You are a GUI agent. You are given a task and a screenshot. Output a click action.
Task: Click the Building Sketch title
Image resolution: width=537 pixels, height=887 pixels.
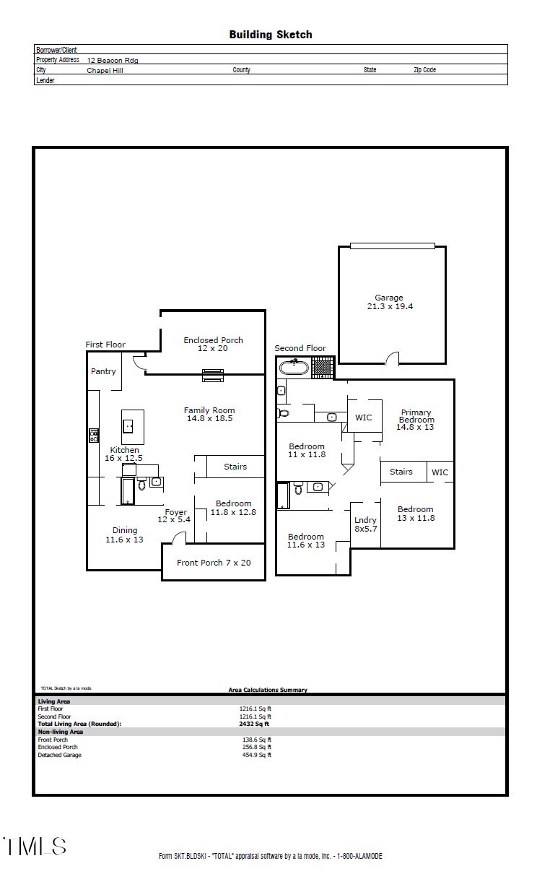(x=270, y=35)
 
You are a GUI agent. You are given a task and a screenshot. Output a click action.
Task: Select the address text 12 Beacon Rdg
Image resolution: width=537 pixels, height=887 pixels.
(x=113, y=61)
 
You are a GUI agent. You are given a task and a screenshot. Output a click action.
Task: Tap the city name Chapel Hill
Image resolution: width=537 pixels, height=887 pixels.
(x=105, y=71)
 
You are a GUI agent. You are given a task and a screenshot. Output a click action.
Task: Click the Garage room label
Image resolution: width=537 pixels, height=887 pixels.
(x=389, y=302)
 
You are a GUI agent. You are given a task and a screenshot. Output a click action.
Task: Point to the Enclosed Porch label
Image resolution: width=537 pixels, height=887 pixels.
(x=213, y=344)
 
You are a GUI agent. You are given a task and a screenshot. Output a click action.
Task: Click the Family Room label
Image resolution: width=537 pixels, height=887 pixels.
(x=209, y=414)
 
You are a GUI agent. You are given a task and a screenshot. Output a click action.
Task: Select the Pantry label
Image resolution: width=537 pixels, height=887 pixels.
(x=103, y=371)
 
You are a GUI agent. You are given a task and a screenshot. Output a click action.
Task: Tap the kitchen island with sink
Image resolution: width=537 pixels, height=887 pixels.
(x=132, y=426)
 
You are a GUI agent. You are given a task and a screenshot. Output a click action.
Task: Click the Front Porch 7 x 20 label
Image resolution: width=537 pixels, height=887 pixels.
(x=214, y=563)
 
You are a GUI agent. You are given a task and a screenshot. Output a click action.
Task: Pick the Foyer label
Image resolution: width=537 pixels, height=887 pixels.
(x=175, y=516)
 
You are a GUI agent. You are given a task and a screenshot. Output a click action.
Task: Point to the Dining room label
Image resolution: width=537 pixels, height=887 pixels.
(x=124, y=535)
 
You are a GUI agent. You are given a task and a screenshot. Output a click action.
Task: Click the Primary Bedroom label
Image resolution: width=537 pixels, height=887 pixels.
(x=416, y=419)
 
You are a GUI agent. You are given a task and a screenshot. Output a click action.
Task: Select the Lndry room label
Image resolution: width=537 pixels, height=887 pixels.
(x=365, y=524)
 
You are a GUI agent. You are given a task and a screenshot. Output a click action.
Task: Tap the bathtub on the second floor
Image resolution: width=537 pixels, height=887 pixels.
(x=294, y=367)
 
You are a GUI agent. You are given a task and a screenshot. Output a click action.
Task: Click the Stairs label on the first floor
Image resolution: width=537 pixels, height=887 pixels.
(x=235, y=467)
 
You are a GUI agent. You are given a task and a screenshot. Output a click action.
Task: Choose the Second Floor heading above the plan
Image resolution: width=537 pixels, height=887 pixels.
(x=300, y=348)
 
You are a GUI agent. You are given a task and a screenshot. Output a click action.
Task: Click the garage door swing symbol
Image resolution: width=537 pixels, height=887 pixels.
(x=392, y=358)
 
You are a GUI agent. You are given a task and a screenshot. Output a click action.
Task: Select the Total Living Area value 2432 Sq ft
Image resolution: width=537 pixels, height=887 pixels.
(x=254, y=724)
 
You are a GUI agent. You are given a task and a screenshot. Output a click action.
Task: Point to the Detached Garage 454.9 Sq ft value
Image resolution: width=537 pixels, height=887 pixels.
(x=256, y=755)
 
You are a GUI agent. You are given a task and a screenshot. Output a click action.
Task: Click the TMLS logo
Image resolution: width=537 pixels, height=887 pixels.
(x=35, y=847)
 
